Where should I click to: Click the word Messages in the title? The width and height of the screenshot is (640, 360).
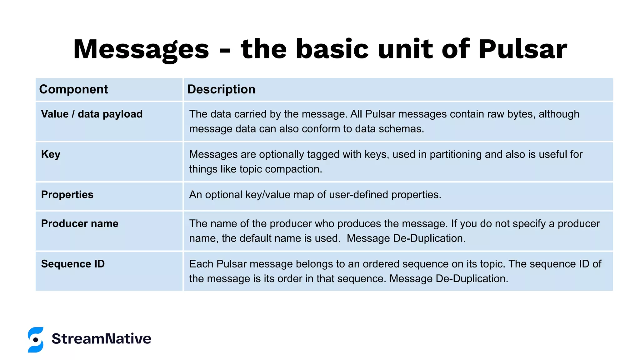pos(141,49)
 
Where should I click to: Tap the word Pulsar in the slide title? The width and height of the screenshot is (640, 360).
pos(522,49)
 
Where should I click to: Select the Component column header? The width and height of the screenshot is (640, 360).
pos(73,89)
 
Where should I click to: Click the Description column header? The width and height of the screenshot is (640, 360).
pos(221,89)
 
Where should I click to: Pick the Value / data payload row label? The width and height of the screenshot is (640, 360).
pos(92,114)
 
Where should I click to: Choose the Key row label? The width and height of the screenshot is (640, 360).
pos(51,154)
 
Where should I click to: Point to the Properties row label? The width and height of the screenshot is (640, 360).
pos(67,195)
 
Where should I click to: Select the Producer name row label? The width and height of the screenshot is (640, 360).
pos(80,224)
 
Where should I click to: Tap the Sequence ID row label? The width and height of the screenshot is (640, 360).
pos(73,264)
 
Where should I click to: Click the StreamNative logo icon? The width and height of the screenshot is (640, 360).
pos(36,340)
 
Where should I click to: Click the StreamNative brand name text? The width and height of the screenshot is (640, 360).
pos(102,339)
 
